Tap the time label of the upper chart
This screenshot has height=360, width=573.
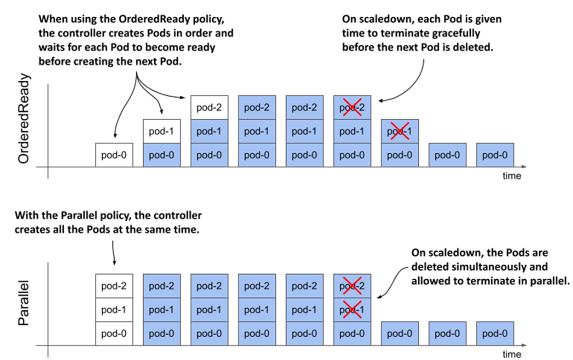(511, 176)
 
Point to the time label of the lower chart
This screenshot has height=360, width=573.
(511, 354)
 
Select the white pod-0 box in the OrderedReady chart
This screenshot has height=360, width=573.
(114, 155)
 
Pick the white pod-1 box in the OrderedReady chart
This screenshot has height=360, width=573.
(162, 131)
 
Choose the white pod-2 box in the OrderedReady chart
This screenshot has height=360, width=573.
(209, 107)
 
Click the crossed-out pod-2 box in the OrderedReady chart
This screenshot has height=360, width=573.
(352, 107)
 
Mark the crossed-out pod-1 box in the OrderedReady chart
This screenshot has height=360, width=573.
(400, 131)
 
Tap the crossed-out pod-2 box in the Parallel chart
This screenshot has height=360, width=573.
(352, 286)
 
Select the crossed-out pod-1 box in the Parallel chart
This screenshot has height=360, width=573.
(352, 310)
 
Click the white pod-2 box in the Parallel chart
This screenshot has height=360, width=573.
(114, 286)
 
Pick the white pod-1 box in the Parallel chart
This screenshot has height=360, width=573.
(114, 310)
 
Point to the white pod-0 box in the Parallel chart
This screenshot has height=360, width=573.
(114, 333)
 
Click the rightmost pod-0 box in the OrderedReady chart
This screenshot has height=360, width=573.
(495, 155)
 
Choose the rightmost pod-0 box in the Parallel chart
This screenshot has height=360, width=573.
(495, 333)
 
